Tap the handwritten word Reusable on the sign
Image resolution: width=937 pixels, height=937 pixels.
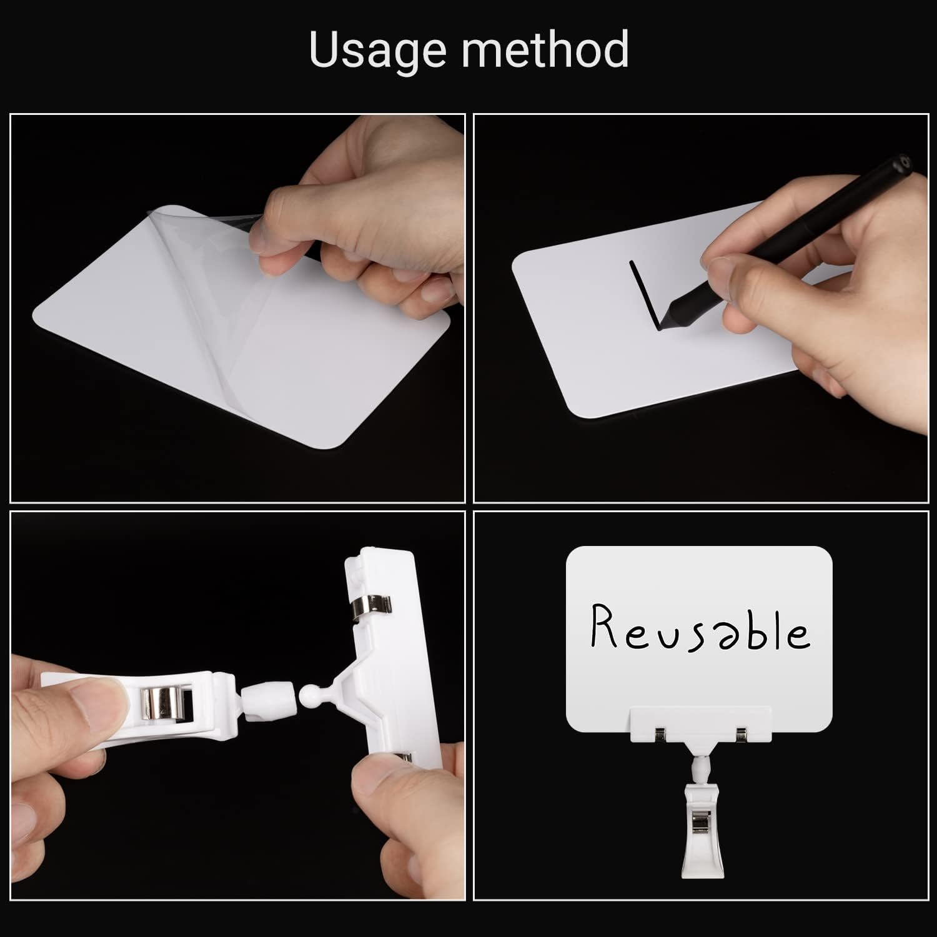click(700, 628)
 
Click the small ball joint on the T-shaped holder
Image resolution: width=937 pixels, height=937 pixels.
click(310, 695)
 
